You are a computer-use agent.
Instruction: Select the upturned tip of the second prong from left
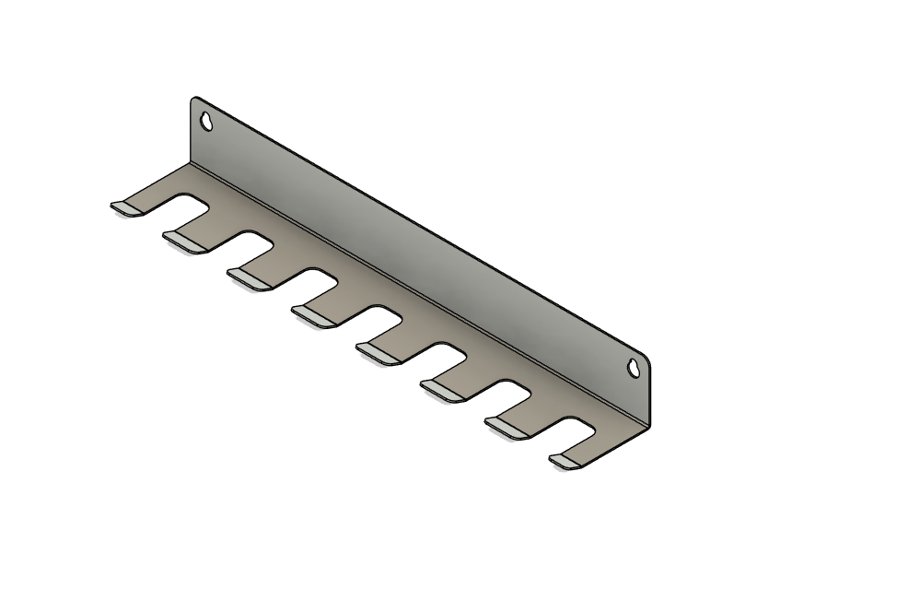[185, 241]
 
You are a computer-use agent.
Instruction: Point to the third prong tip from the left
[250, 278]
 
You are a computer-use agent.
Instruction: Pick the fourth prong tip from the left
[314, 315]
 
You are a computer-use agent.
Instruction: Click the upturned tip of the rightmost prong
[566, 461]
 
